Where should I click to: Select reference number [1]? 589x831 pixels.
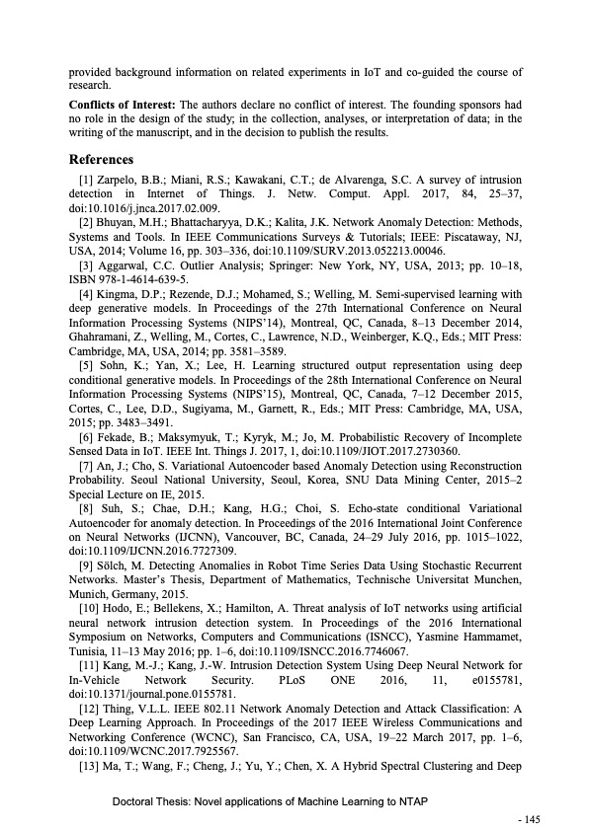pyautogui.click(x=85, y=182)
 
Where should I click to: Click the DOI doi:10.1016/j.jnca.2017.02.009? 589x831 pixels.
pyautogui.click(x=135, y=209)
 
